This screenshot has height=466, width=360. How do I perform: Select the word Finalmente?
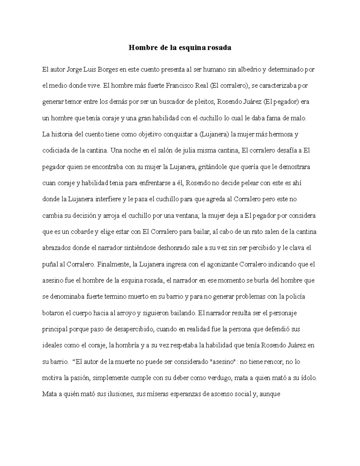pyautogui.click(x=113, y=264)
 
